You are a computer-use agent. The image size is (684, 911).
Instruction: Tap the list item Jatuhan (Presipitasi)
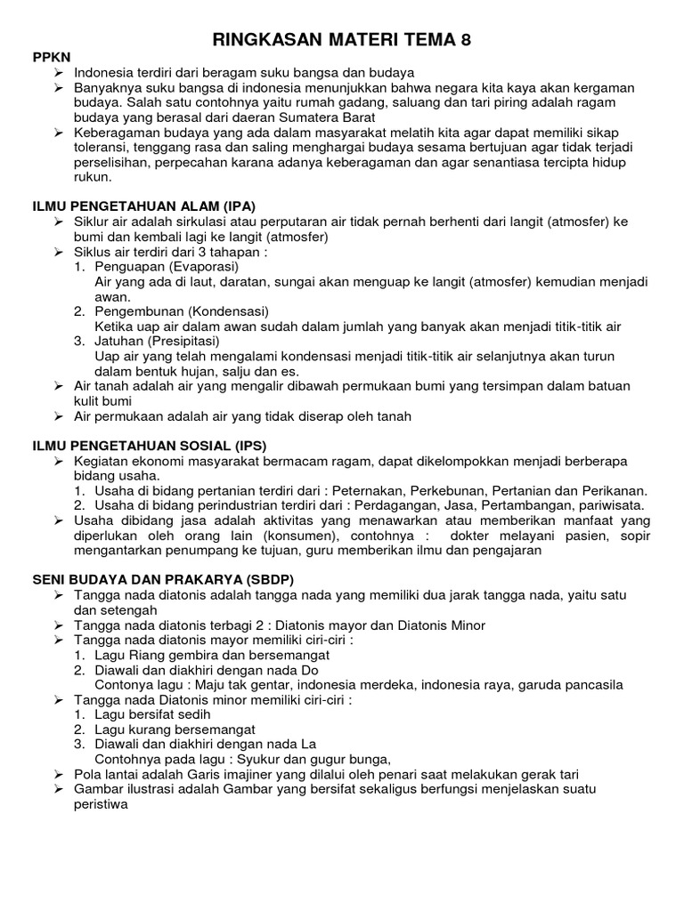pos(159,341)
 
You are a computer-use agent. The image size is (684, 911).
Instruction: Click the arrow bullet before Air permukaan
pos(59,415)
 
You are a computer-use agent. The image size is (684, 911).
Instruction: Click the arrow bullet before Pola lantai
pos(59,774)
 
